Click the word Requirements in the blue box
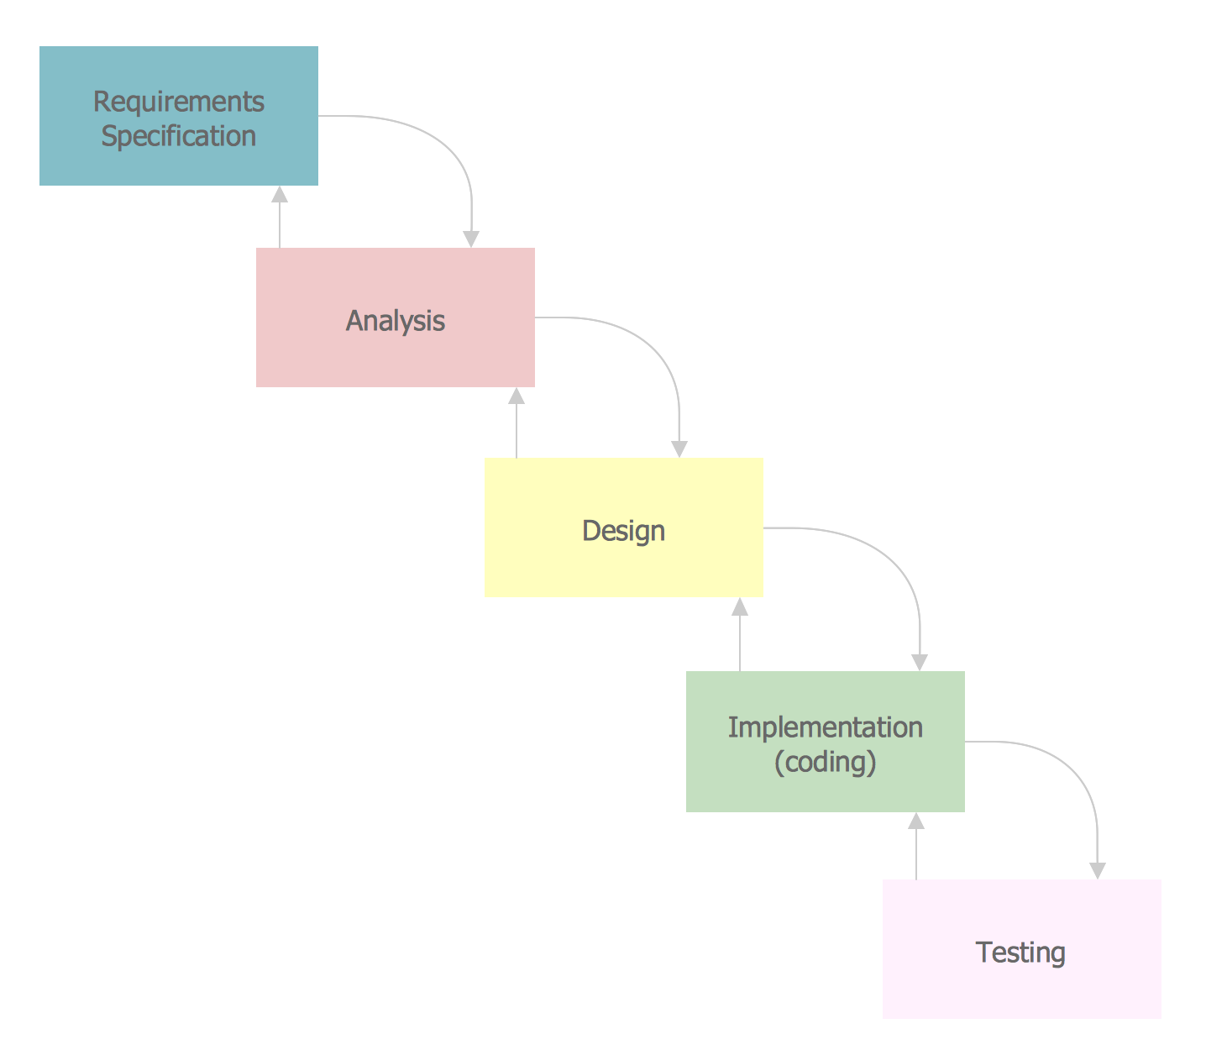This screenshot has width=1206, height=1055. (178, 102)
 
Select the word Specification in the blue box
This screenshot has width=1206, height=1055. (178, 136)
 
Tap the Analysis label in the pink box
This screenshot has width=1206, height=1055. (395, 321)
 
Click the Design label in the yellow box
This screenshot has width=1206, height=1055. (623, 531)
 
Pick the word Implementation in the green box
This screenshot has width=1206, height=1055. (825, 727)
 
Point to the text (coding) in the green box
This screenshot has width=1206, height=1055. (825, 762)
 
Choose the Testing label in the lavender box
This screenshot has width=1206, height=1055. (1020, 953)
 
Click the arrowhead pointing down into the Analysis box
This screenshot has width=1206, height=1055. (471, 239)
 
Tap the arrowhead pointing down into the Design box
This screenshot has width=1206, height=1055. (679, 449)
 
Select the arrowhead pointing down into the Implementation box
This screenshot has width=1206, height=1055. (920, 662)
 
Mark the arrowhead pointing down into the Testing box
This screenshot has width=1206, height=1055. (1097, 870)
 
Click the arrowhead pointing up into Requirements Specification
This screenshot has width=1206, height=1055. (280, 195)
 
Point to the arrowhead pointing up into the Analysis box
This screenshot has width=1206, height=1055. (516, 396)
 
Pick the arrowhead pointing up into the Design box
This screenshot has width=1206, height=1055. (740, 606)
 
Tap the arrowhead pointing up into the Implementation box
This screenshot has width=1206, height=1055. (916, 821)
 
